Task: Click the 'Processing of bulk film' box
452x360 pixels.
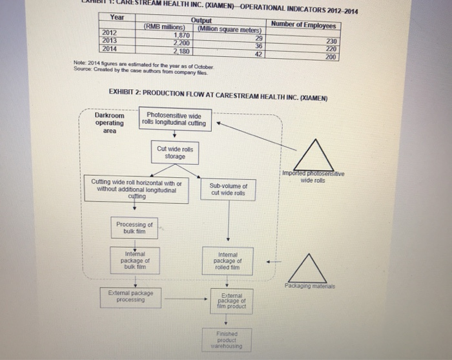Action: [x=135, y=228]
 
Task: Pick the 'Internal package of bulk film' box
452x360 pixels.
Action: [x=135, y=260]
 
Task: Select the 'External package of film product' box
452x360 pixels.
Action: [x=231, y=301]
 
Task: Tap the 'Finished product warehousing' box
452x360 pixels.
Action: [x=230, y=341]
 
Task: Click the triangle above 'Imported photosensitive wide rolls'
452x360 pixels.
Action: [x=313, y=156]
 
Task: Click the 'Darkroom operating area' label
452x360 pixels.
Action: [x=110, y=123]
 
